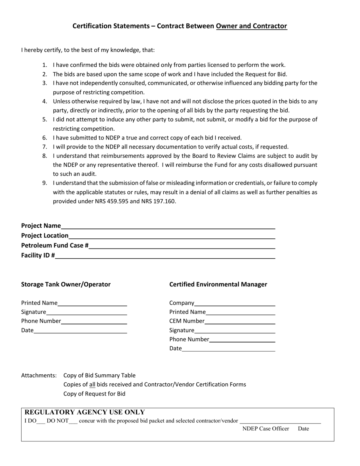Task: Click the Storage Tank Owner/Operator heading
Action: (66, 284)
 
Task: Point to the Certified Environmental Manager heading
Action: (218, 284)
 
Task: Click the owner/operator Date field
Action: (80, 330)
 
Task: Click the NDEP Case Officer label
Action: (266, 428)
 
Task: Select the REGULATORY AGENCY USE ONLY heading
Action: (85, 412)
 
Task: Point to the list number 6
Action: (44, 138)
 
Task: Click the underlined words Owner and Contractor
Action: (251, 26)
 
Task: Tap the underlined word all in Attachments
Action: (92, 384)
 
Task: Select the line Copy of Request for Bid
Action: (94, 393)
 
